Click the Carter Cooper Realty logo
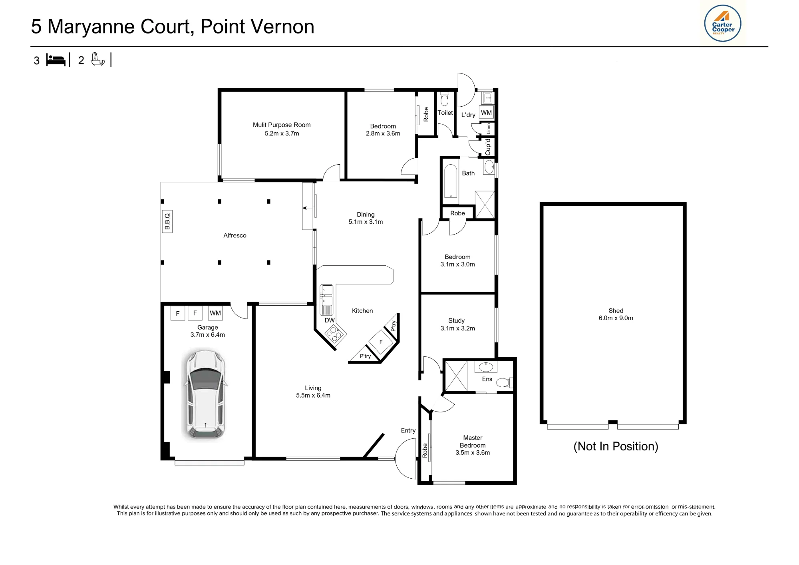[x=722, y=23]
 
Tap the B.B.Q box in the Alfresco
[x=167, y=221]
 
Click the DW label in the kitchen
[x=330, y=320]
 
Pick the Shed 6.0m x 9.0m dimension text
[x=616, y=318]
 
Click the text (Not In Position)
[x=616, y=446]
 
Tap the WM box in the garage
[x=215, y=313]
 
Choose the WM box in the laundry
[x=486, y=113]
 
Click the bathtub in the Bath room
[x=451, y=181]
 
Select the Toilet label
[x=445, y=113]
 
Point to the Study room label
[x=457, y=320]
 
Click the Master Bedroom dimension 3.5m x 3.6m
[x=473, y=453]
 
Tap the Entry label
[x=408, y=430]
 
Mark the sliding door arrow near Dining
[x=308, y=208]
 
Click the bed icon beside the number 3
[x=56, y=60]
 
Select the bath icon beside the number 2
[x=98, y=60]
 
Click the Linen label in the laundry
[x=489, y=129]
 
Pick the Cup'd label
[x=488, y=147]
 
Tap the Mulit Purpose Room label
[x=282, y=125]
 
